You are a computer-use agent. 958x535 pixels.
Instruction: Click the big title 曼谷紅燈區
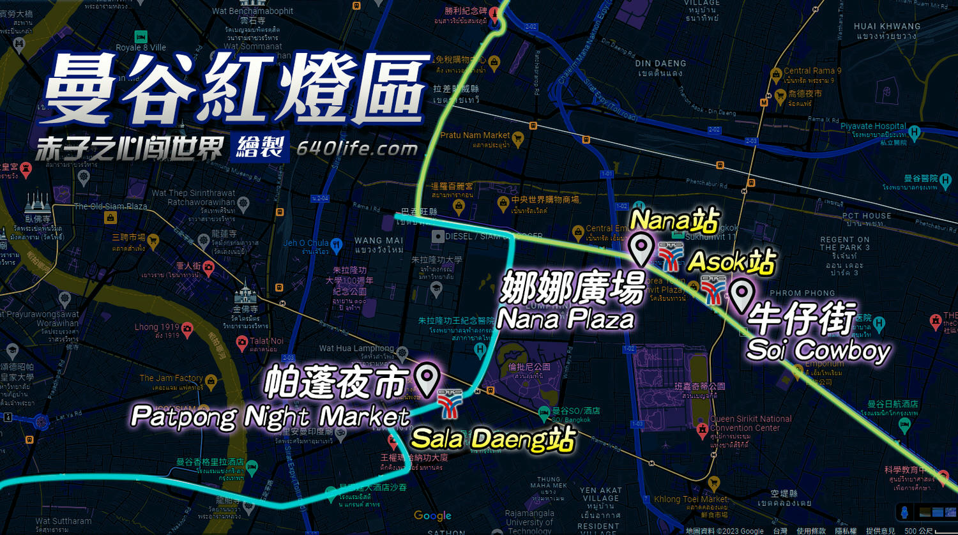coord(234,89)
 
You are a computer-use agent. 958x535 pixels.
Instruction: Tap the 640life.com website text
coord(357,149)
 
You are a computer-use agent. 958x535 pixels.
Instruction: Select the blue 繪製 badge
coord(259,148)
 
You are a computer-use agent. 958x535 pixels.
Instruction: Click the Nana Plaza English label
coord(565,319)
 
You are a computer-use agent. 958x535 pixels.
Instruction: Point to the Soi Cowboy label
coord(818,350)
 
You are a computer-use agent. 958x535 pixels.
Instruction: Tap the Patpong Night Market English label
coord(270,417)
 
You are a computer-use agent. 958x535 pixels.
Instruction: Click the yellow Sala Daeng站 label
coord(493,439)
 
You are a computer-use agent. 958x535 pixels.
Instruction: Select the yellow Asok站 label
coord(731,262)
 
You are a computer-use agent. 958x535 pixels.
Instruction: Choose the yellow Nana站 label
coord(674,221)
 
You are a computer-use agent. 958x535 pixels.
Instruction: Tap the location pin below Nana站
coord(641,248)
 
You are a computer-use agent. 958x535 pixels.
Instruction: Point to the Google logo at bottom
coord(432,516)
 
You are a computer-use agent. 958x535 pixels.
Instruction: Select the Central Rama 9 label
coord(812,71)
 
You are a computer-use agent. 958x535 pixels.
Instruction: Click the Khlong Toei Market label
coord(691,499)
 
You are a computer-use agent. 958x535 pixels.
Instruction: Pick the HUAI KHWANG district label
coord(887,27)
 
